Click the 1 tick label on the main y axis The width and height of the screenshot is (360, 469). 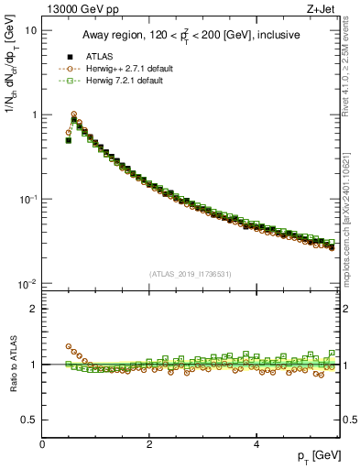coord(34,115)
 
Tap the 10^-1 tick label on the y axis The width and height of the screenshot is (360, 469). coord(28,199)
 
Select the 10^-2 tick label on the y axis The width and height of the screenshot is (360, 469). coord(28,284)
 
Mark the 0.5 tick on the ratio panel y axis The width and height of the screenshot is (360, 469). coord(30,420)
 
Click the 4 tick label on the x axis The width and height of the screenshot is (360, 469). coord(256,444)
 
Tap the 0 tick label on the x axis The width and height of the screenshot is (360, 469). coord(42,444)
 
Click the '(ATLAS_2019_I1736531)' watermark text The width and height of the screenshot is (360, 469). coord(191,274)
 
